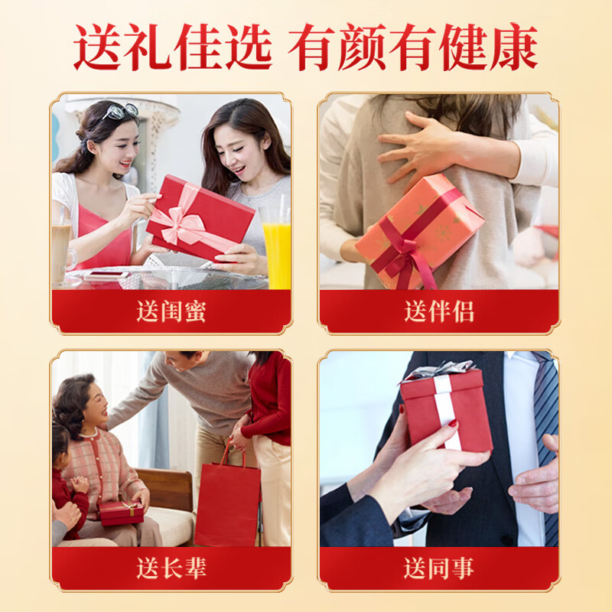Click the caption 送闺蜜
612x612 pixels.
click(171, 311)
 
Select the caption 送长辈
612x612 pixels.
click(171, 568)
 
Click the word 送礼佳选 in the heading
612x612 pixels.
click(173, 47)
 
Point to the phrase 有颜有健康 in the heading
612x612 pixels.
click(413, 47)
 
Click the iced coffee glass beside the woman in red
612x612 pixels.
click(61, 245)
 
